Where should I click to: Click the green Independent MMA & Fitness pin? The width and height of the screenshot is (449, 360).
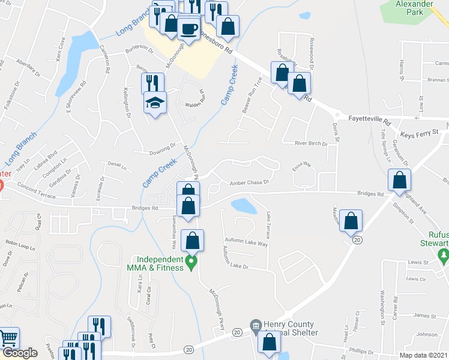191,262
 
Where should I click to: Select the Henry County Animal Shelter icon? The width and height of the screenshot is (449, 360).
256,325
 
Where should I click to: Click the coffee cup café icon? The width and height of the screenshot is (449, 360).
188,29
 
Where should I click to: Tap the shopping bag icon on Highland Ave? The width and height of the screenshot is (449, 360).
399,180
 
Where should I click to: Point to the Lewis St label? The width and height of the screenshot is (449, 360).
416,262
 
